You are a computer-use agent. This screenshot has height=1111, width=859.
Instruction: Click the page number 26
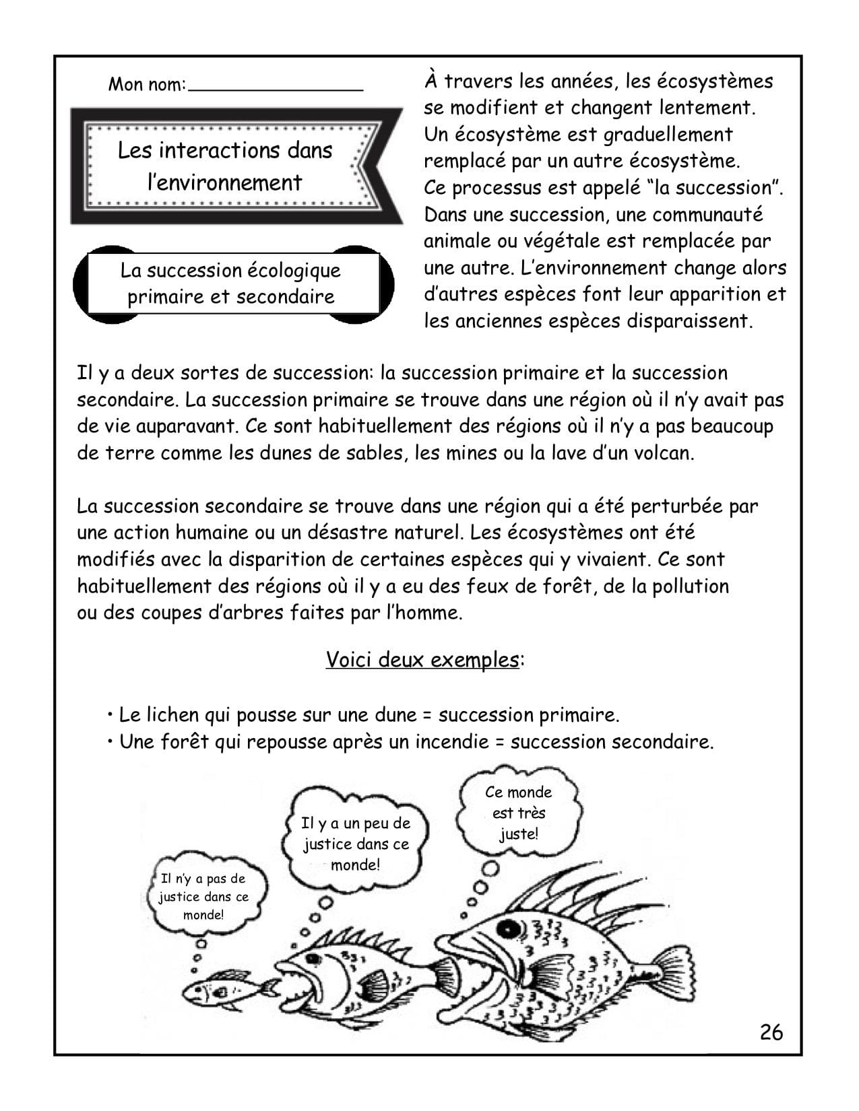coord(771,1032)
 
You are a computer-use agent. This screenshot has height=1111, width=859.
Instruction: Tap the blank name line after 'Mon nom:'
coord(276,86)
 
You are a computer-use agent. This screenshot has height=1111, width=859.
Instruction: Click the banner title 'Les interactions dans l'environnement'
coord(225,166)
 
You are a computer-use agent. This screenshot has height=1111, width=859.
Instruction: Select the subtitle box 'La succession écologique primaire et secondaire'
coord(230,283)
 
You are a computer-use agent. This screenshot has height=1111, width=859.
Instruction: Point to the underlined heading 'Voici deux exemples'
coord(422,659)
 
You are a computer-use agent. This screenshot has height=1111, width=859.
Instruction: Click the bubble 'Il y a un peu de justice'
coord(356,843)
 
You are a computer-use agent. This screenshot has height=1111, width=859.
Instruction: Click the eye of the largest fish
coord(509,929)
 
